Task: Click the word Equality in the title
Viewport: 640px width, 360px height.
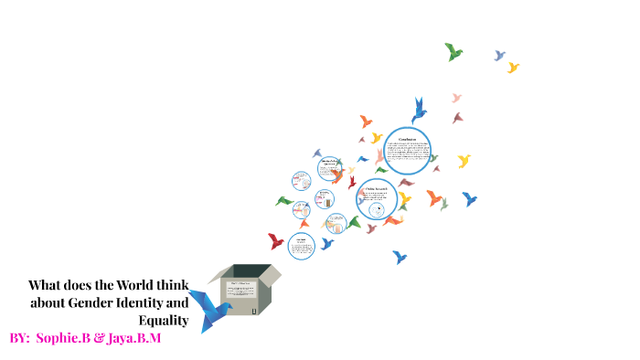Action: (x=164, y=320)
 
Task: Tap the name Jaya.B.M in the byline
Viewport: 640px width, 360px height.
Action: (x=134, y=338)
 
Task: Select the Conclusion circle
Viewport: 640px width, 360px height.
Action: (x=407, y=151)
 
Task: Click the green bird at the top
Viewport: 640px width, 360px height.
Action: (x=453, y=52)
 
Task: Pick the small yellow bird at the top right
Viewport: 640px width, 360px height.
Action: (x=513, y=68)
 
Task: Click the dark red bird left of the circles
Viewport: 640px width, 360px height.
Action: (x=275, y=241)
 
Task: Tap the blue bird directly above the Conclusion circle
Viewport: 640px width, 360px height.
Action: (x=419, y=111)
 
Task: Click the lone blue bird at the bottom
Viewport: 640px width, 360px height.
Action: (x=400, y=257)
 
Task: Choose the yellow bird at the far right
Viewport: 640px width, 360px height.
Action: (x=464, y=161)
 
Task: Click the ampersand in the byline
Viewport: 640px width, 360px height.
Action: (x=99, y=338)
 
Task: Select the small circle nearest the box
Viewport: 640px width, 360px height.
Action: (x=301, y=244)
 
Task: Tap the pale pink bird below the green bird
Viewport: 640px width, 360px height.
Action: (x=456, y=97)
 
